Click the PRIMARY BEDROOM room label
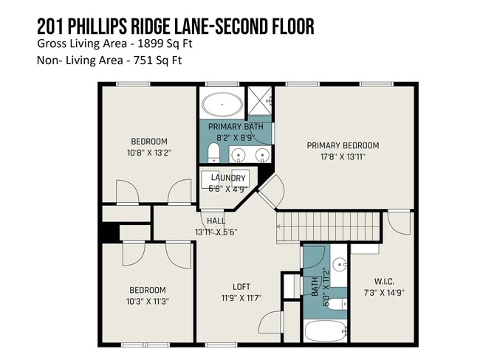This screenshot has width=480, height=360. (x=343, y=145)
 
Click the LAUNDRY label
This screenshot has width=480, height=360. (x=228, y=178)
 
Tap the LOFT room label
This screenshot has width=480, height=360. (x=241, y=287)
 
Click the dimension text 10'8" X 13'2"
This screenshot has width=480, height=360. (x=149, y=153)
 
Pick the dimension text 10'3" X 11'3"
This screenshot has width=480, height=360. (x=148, y=301)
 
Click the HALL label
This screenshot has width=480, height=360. (x=216, y=221)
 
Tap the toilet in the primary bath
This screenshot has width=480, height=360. (x=213, y=153)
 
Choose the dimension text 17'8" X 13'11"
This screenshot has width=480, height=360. (x=343, y=156)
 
